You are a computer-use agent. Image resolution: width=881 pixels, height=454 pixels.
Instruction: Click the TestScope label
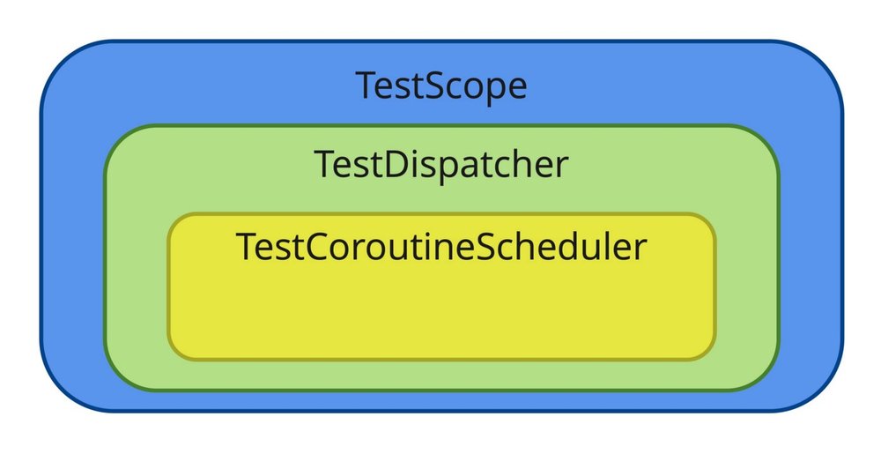tap(441, 86)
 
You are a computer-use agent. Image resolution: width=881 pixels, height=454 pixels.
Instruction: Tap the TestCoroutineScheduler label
tap(441, 246)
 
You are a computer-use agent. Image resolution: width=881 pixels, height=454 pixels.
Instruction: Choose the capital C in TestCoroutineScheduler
tap(318, 246)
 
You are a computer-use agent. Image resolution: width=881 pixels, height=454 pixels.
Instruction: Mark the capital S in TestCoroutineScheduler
tap(489, 246)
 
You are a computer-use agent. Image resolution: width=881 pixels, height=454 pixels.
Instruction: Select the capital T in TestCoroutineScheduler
tap(248, 246)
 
